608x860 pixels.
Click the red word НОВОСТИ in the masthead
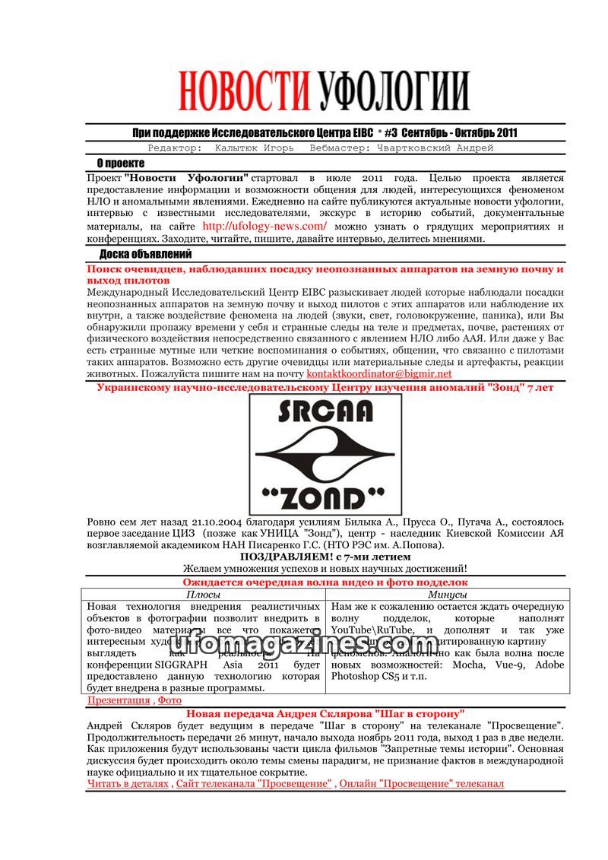coord(243,92)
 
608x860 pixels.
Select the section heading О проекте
coord(120,163)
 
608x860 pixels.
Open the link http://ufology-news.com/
coord(264,226)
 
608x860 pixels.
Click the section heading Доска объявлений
coord(144,254)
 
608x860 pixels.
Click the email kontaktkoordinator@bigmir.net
coord(379,373)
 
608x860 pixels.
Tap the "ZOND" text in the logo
coord(325,497)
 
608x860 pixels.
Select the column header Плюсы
coord(204,594)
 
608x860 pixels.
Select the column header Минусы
coord(447,594)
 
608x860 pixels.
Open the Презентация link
coord(119,700)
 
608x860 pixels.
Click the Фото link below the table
coord(169,700)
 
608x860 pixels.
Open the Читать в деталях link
coord(128,783)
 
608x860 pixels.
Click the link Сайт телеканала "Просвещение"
coord(254,783)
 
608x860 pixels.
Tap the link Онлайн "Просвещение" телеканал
coord(421,783)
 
